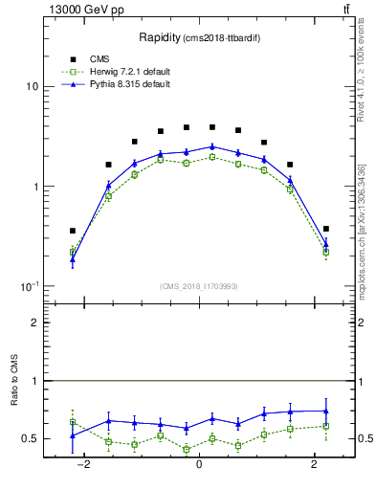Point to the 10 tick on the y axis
click(x=32, y=86)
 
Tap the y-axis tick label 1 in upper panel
click(x=35, y=187)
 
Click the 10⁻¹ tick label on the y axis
click(x=30, y=286)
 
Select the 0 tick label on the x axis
click(x=199, y=463)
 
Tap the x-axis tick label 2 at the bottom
click(x=315, y=463)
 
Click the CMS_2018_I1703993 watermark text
click(x=199, y=285)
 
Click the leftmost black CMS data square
click(x=73, y=231)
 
